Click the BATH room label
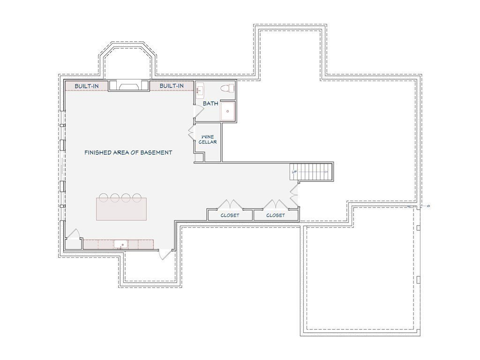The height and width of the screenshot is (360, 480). pyautogui.click(x=210, y=104)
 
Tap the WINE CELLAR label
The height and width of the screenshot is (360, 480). pyautogui.click(x=208, y=139)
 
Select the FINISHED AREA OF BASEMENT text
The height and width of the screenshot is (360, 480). pyautogui.click(x=128, y=152)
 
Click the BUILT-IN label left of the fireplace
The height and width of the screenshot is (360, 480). pyautogui.click(x=87, y=86)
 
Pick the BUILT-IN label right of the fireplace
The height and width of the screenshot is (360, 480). pyautogui.click(x=172, y=86)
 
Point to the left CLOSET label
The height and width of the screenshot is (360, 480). pyautogui.click(x=230, y=215)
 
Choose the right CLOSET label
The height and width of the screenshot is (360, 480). pyautogui.click(x=276, y=215)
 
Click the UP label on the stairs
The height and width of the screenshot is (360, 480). pyautogui.click(x=294, y=172)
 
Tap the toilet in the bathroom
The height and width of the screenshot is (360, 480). pyautogui.click(x=227, y=88)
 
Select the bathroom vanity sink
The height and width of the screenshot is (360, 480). pyautogui.click(x=200, y=90)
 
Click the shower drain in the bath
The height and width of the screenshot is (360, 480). pyautogui.click(x=228, y=112)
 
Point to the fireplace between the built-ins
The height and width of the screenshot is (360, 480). pyautogui.click(x=129, y=86)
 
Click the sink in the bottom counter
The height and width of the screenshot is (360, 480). pyautogui.click(x=121, y=244)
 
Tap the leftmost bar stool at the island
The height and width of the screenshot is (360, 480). pyautogui.click(x=104, y=198)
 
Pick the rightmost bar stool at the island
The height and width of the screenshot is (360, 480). pyautogui.click(x=137, y=198)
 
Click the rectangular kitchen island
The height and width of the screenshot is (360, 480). pyautogui.click(x=121, y=209)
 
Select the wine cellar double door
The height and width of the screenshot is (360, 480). pyautogui.click(x=192, y=132)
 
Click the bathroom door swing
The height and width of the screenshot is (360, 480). pyautogui.click(x=198, y=111)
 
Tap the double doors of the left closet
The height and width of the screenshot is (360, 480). pyautogui.click(x=230, y=204)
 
